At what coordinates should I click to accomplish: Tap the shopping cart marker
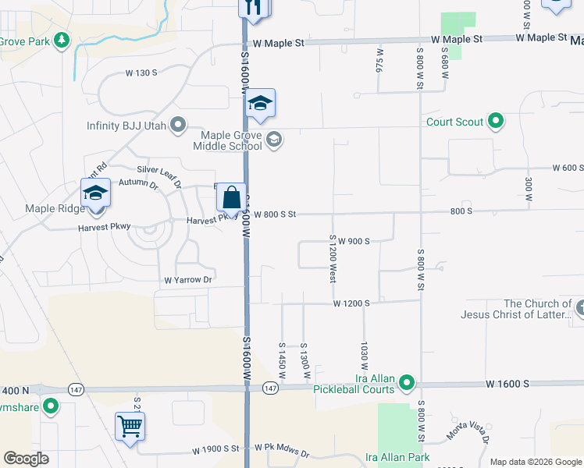click(130, 427)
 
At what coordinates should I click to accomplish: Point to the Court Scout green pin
click(495, 121)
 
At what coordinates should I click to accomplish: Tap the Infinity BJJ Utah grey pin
click(178, 125)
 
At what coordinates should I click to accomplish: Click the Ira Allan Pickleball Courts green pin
click(406, 382)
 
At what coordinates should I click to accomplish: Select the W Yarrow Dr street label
click(187, 280)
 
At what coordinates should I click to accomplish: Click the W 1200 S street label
click(351, 303)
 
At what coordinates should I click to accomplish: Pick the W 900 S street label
click(354, 241)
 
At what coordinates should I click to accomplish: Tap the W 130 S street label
click(141, 73)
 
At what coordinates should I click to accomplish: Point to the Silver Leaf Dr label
click(159, 173)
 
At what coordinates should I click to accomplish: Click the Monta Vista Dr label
click(467, 429)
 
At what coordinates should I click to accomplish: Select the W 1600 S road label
click(507, 384)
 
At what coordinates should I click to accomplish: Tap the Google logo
click(25, 459)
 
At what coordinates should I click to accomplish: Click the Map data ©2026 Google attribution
click(536, 462)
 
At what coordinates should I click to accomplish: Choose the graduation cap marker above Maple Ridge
click(96, 194)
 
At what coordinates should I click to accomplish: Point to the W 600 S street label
click(568, 168)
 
